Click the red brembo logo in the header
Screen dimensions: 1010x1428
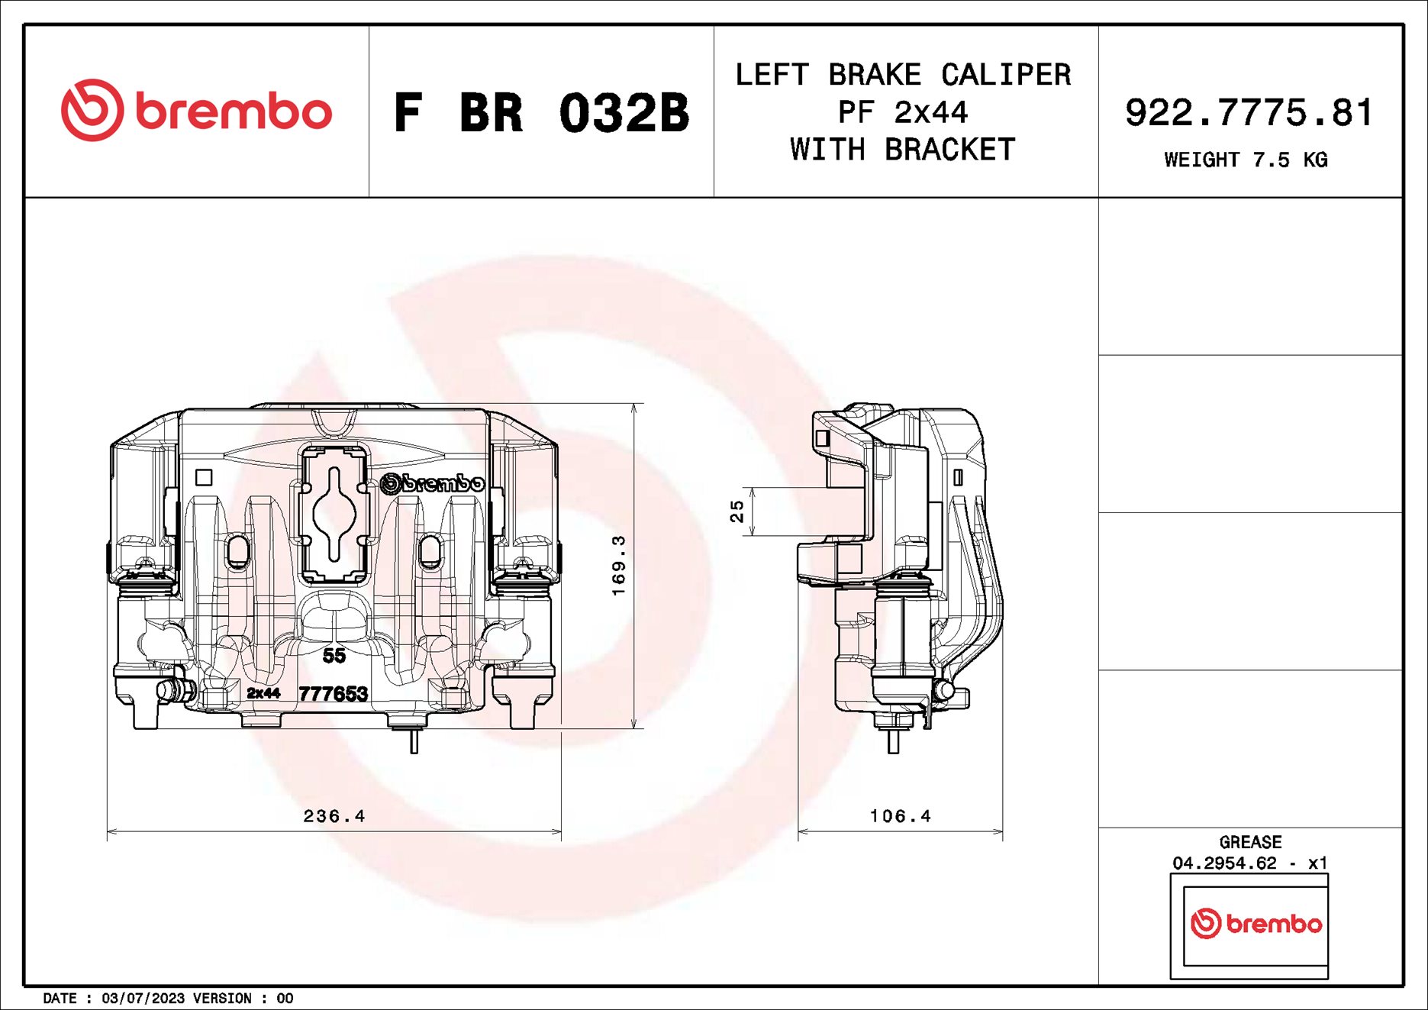(196, 111)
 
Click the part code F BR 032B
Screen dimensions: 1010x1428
(541, 113)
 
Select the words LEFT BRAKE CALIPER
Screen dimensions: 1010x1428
(903, 75)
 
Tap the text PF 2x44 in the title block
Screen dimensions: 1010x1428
(903, 113)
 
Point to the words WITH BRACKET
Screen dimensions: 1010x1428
(903, 150)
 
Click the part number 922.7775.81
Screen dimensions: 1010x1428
(1249, 113)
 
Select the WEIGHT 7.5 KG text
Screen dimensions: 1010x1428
(1246, 160)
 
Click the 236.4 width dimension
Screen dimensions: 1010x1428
(334, 816)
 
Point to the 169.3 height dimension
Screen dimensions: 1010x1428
(619, 565)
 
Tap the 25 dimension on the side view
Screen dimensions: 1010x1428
(737, 511)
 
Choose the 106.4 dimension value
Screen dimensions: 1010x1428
(901, 816)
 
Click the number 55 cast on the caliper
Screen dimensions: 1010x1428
(334, 655)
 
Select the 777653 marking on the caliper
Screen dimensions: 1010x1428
(333, 693)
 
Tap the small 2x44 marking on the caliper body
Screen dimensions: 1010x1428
(263, 693)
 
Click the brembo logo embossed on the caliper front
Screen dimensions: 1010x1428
(432, 483)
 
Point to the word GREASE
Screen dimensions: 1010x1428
(1250, 842)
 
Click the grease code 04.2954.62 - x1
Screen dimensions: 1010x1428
(1250, 863)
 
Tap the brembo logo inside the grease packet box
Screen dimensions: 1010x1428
(1256, 924)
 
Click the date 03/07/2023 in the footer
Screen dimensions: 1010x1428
(143, 998)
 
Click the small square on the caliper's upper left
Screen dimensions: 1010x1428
(204, 477)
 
